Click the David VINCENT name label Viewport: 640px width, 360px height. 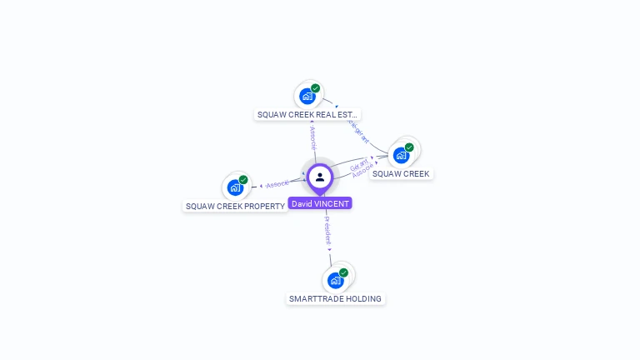click(320, 203)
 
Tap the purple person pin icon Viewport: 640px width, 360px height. click(320, 177)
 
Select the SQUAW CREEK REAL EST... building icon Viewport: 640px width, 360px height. click(307, 96)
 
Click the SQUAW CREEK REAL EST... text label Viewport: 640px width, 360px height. click(307, 115)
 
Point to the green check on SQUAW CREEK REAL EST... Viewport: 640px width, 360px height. click(315, 87)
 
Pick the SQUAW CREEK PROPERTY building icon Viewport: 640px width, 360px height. click(235, 187)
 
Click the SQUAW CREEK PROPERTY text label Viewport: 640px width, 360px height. click(235, 206)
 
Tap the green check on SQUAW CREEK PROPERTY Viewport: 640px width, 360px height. click(243, 179)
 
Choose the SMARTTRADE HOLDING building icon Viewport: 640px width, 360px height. click(335, 280)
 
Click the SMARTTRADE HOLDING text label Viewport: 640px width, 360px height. click(335, 298)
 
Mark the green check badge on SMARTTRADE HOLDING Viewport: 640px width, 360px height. click(343, 272)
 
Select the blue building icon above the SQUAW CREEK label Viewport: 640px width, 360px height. click(401, 155)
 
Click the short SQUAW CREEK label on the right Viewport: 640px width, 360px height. click(401, 174)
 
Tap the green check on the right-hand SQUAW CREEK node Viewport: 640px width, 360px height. click(409, 147)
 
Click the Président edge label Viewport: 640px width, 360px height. click(327, 230)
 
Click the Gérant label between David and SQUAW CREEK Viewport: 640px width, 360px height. click(356, 162)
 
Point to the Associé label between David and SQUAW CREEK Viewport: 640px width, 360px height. click(363, 169)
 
